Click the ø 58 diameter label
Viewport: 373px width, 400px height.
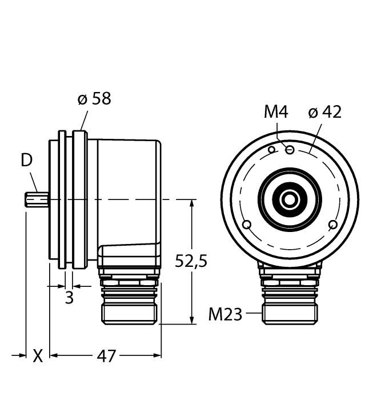coord(94,99)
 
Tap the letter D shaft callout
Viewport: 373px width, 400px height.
coord(27,161)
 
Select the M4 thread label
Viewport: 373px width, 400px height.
coord(276,112)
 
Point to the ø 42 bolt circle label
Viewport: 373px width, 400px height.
coord(324,112)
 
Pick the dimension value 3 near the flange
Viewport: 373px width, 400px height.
coord(69,298)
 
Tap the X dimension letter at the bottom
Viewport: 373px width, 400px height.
coord(38,356)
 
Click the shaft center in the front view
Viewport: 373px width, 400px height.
coord(290,199)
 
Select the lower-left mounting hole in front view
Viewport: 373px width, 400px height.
coord(246,225)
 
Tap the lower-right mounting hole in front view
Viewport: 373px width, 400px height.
coord(333,225)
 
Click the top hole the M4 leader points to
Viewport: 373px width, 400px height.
coord(290,150)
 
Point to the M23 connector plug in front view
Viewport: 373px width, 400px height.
coord(290,311)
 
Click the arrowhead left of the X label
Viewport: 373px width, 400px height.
coord(23,355)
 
